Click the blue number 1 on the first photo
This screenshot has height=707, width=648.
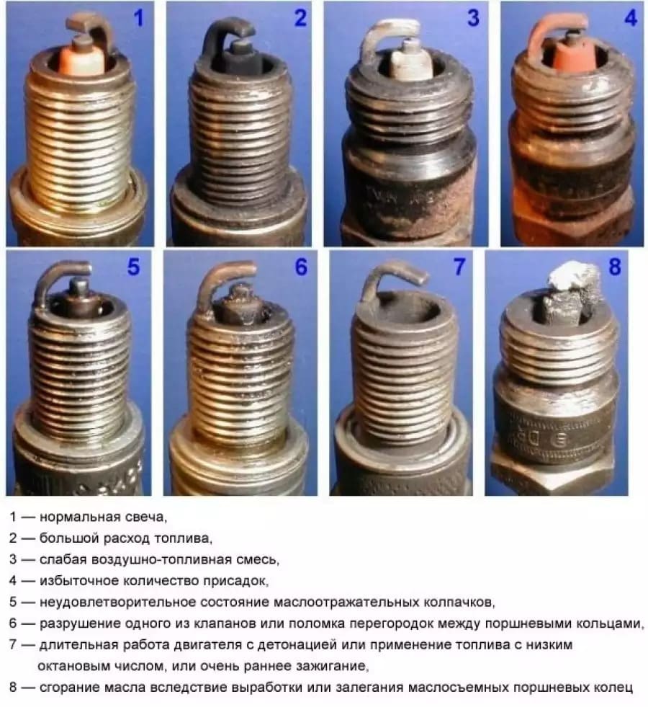pos(139,19)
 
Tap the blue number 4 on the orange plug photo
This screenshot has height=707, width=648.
pos(631,18)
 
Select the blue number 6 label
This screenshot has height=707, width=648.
pos(301,267)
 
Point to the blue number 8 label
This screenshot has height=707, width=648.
pos(614,267)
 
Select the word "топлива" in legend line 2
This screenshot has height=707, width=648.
pos(183,538)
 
